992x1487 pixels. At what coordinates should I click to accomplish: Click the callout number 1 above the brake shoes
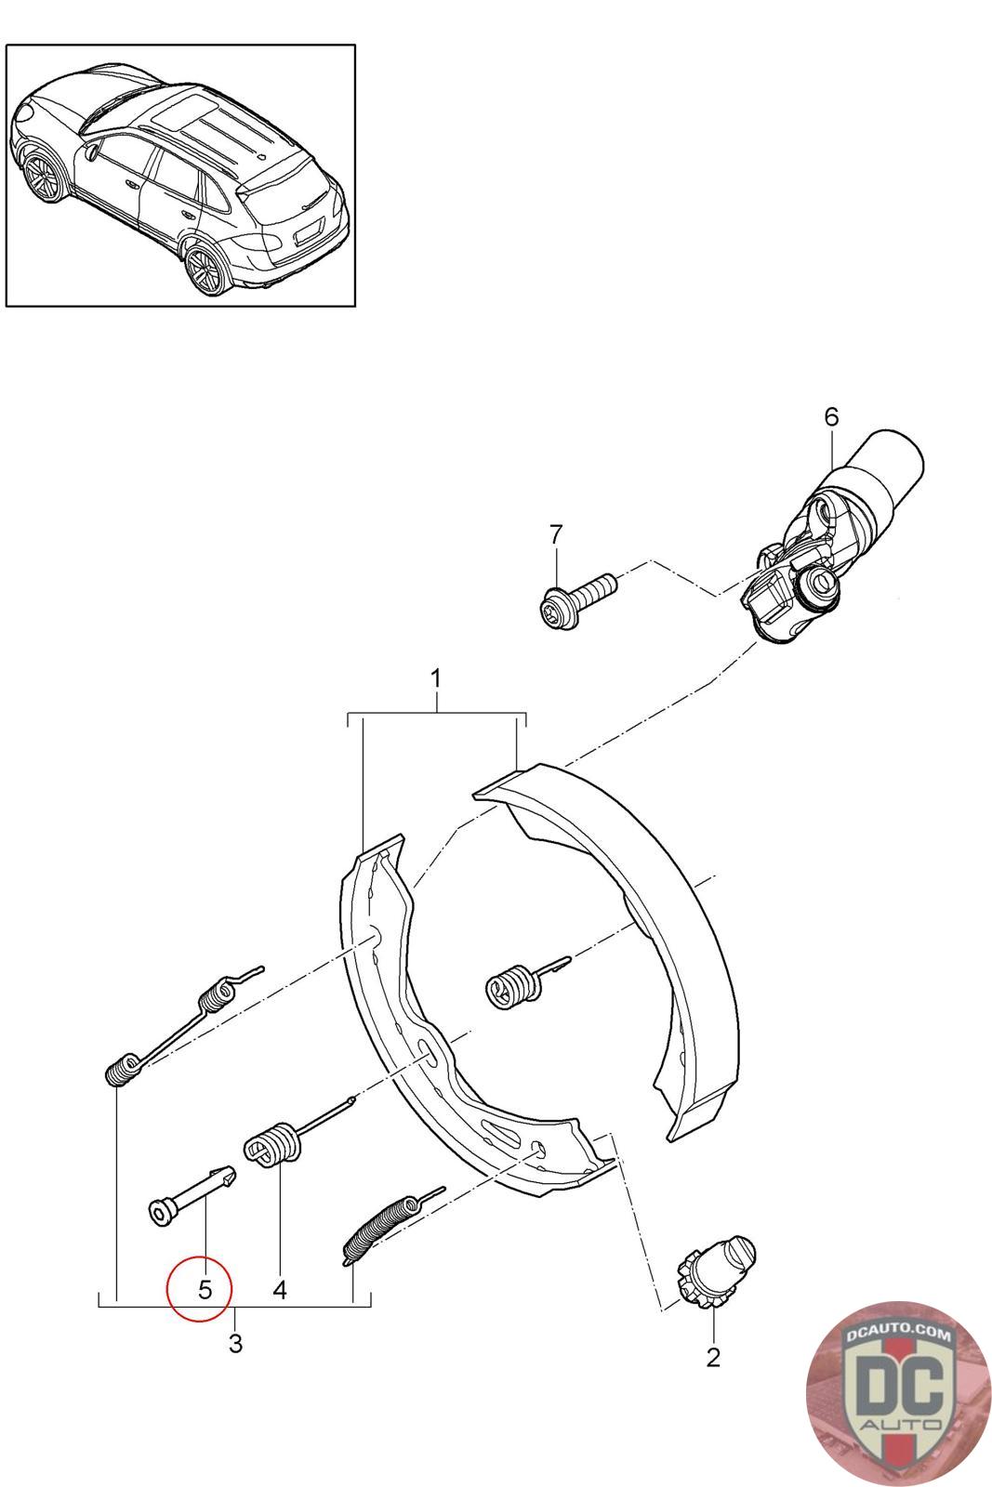[x=435, y=678]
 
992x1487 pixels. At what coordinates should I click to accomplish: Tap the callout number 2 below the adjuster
[x=713, y=1357]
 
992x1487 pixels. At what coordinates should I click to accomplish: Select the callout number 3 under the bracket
[x=235, y=1343]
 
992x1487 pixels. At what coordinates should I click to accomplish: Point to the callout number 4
[x=280, y=1289]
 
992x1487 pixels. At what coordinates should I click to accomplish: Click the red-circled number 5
[x=205, y=1289]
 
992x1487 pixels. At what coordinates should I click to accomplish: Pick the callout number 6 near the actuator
[x=831, y=416]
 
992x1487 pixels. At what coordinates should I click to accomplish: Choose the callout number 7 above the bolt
[x=556, y=534]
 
